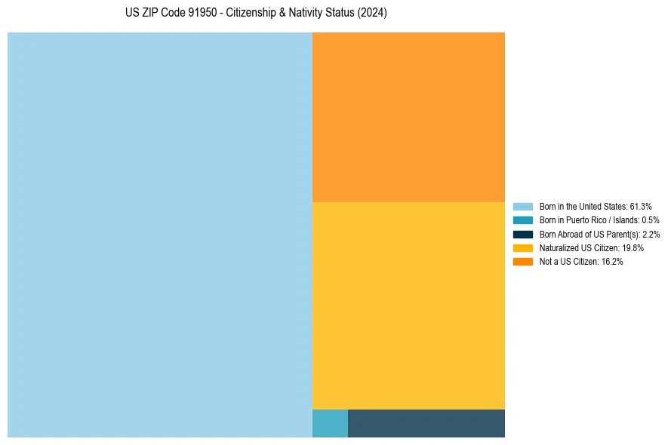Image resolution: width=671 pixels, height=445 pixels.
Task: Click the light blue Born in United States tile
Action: click(160, 235)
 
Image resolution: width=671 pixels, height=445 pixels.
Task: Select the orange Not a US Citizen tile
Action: click(408, 117)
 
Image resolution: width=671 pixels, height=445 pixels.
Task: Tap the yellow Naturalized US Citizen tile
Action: click(408, 305)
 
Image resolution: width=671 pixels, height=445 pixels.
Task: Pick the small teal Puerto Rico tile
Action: click(330, 423)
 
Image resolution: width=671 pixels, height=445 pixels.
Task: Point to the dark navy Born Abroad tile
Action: click(426, 423)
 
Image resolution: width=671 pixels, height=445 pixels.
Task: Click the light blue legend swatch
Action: click(522, 207)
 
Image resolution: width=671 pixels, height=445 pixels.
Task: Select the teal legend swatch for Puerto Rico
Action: click(522, 220)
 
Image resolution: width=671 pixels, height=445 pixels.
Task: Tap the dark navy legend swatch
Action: click(522, 234)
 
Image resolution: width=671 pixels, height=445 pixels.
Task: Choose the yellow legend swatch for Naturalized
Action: click(522, 247)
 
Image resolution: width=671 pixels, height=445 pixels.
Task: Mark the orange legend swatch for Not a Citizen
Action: click(522, 261)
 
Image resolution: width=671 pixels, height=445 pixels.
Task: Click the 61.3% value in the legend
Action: click(641, 207)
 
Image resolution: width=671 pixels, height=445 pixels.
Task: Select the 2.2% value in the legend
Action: click(651, 234)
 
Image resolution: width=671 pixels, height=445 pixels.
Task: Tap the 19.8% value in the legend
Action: click(633, 247)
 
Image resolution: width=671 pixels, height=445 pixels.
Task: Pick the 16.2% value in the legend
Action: click(612, 261)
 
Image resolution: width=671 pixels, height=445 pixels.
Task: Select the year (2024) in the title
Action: click(372, 14)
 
